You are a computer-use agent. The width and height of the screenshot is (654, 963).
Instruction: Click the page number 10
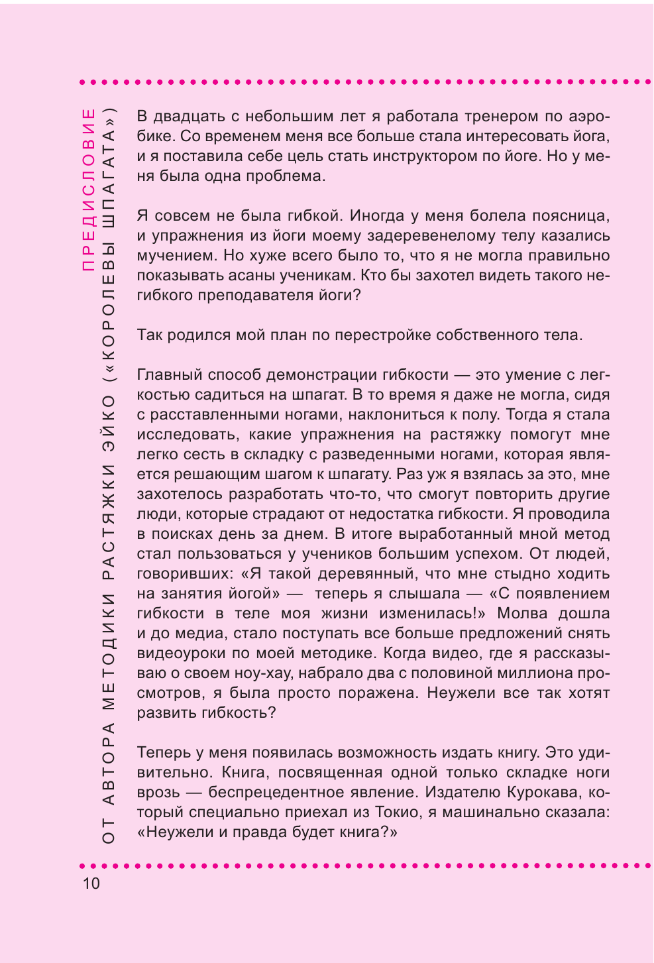[91, 883]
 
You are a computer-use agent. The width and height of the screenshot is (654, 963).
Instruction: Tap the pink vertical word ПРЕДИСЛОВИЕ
[89, 190]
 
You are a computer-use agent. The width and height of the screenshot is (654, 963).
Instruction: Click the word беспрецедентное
[278, 793]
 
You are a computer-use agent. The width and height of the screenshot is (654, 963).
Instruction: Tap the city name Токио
[398, 813]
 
